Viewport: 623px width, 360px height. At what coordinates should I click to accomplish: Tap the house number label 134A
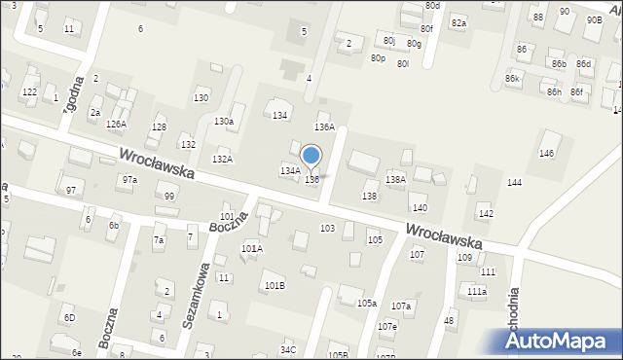click(289, 171)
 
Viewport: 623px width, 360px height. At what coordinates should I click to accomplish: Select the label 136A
click(324, 127)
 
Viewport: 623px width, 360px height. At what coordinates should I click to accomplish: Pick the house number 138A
click(395, 179)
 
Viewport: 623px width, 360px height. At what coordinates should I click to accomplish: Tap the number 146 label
click(547, 154)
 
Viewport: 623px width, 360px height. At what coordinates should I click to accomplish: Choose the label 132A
click(222, 160)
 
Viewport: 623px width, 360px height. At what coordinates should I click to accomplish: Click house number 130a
click(224, 122)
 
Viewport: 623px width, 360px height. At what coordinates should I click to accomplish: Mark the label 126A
click(116, 125)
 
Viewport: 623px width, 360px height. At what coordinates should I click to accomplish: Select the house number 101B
click(275, 285)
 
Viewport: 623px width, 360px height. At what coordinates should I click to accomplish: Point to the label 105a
click(366, 304)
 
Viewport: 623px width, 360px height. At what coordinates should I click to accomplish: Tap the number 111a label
click(477, 292)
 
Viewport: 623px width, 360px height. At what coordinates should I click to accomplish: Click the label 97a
click(129, 180)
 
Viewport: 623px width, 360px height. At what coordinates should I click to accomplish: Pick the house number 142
click(486, 214)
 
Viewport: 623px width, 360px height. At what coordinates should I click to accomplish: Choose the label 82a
click(458, 23)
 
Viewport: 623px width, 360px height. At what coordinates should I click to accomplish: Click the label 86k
click(513, 78)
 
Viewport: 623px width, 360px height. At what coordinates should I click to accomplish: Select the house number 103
click(327, 228)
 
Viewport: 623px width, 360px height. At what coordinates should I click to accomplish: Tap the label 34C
click(288, 349)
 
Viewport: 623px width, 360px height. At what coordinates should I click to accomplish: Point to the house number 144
click(514, 183)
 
